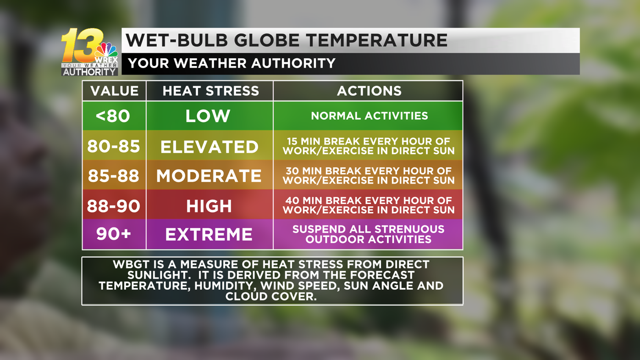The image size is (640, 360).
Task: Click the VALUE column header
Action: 114,91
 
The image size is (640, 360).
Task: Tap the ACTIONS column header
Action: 369,91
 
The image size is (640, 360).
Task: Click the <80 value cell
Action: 113,116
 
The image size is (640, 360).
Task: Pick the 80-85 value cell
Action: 113,146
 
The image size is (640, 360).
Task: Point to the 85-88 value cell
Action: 113,176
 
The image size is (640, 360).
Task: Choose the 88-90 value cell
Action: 113,205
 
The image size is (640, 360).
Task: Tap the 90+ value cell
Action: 113,234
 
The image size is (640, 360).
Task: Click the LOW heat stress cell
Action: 209,116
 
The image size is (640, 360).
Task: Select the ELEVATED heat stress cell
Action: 209,147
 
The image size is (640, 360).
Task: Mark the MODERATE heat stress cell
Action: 209,176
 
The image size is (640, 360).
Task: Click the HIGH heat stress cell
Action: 209,206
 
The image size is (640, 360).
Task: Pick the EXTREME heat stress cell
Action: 209,234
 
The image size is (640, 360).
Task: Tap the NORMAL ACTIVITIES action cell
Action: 369,116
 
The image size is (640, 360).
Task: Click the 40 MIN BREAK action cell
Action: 369,205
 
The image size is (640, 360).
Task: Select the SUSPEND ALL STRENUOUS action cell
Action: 369,234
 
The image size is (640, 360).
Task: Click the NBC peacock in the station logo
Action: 106,51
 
